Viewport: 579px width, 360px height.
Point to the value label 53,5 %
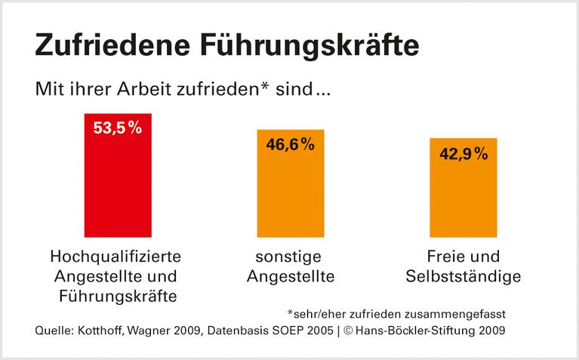click(x=117, y=128)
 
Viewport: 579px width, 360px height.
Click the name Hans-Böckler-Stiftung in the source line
click(x=426, y=331)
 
